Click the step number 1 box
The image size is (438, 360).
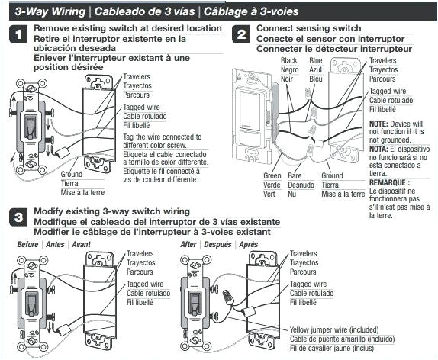[x=18, y=34]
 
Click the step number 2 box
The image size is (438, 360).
[x=242, y=34]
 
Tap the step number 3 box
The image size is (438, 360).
[x=18, y=217]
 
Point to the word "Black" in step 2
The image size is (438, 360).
[x=290, y=60]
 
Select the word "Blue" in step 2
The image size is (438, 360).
[x=316, y=60]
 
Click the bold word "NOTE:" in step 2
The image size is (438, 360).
[x=379, y=124]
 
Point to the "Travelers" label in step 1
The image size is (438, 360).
[x=137, y=76]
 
